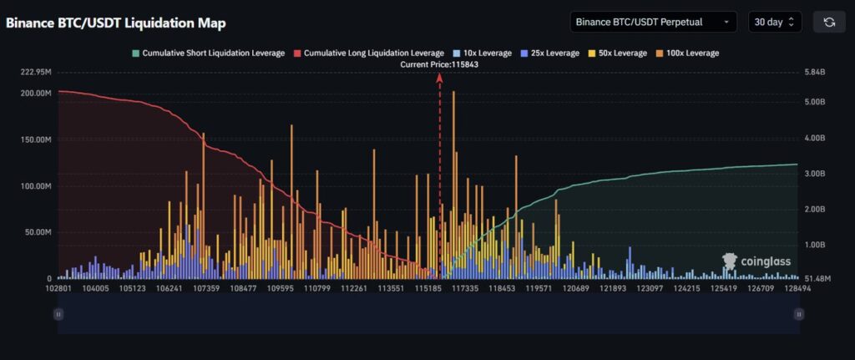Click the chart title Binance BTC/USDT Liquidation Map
(116, 23)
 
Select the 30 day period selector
(775, 22)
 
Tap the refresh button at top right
(829, 22)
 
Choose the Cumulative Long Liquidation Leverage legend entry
(368, 53)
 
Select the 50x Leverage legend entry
(616, 53)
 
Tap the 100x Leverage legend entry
(686, 53)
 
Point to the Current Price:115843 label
(440, 64)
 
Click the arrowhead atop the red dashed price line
(440, 76)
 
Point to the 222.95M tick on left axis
(36, 72)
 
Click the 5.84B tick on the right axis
(814, 72)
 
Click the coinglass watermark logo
(755, 262)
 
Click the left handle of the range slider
(58, 314)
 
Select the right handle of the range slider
(799, 314)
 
